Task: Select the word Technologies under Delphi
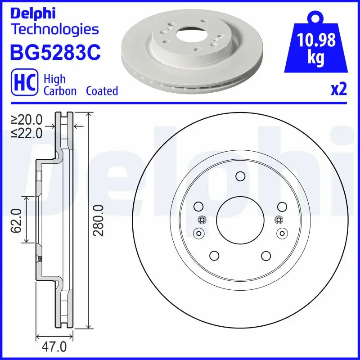pyautogui.click(x=54, y=30)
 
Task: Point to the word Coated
pyautogui.click(x=102, y=91)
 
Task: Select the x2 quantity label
pyautogui.click(x=338, y=90)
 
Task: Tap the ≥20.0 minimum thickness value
pyautogui.click(x=27, y=120)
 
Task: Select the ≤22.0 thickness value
pyautogui.click(x=27, y=133)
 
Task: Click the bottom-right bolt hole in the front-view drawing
pyautogui.click(x=265, y=256)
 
